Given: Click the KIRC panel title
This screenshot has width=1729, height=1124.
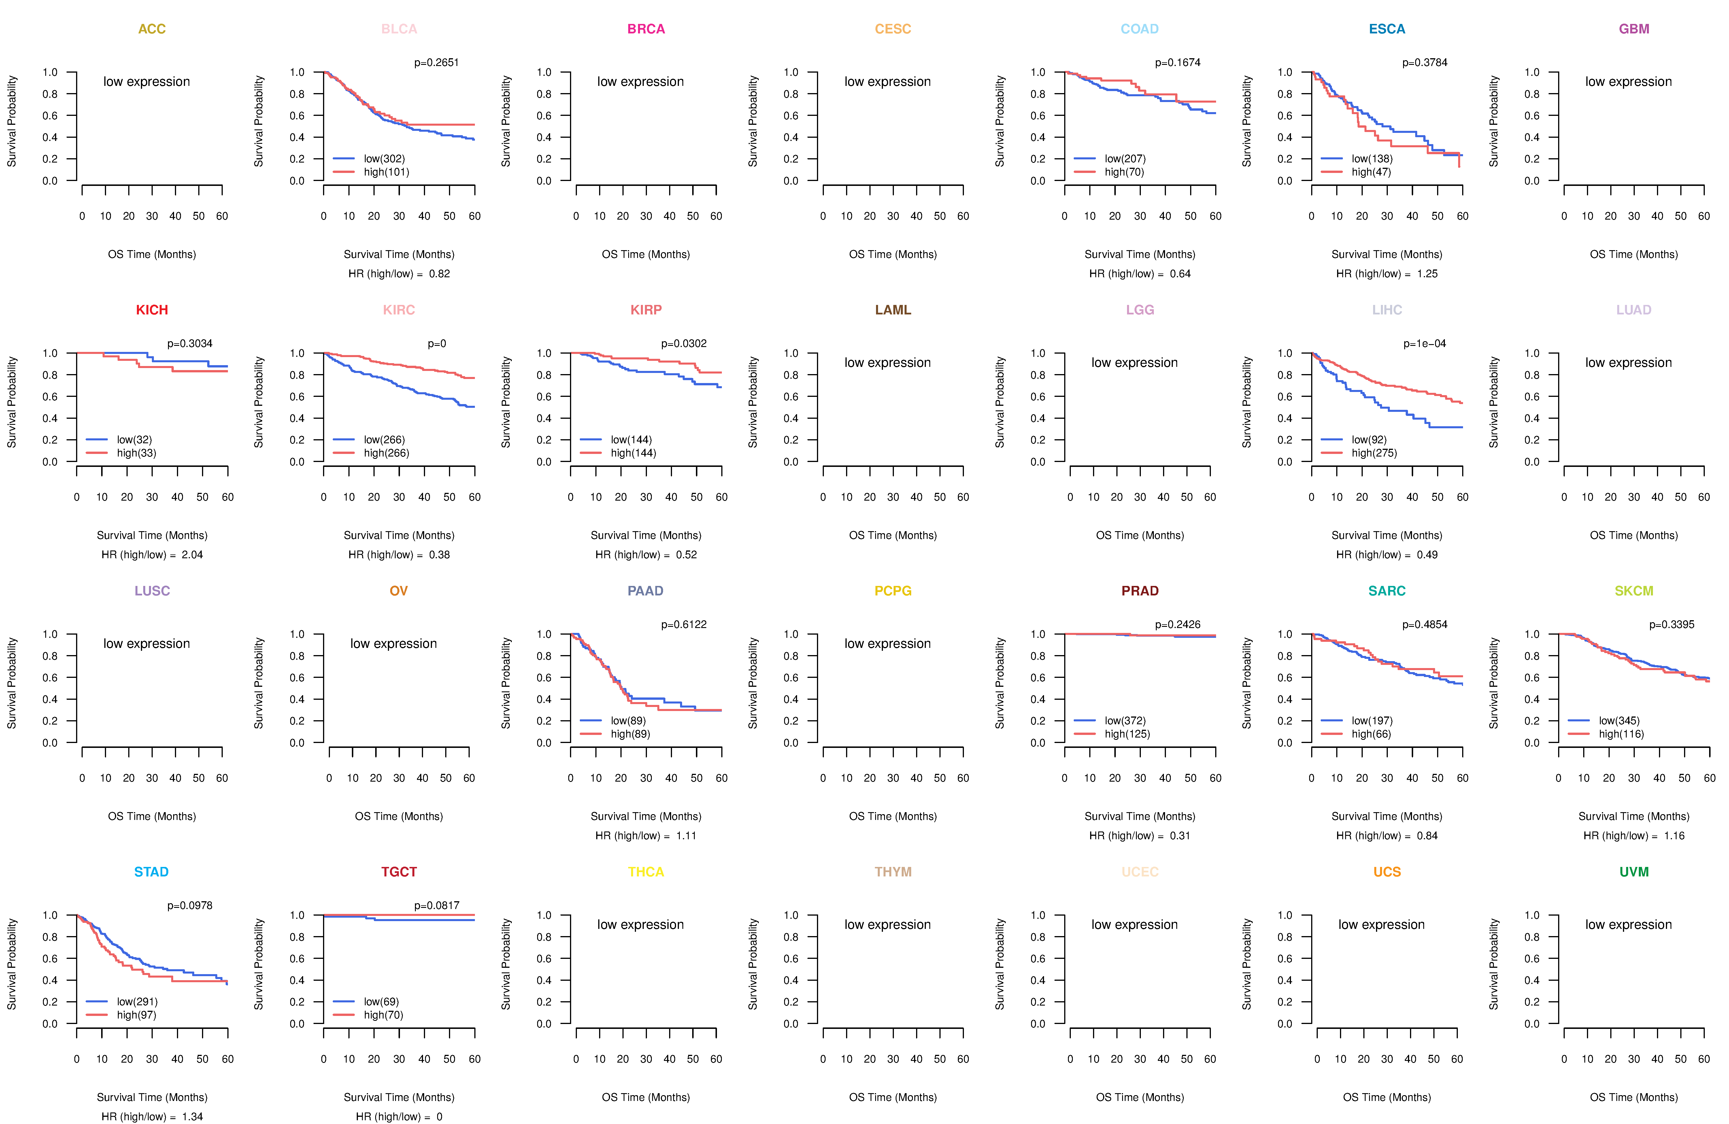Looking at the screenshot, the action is point(399,310).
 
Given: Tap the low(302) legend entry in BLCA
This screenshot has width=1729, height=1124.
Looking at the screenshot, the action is point(384,159).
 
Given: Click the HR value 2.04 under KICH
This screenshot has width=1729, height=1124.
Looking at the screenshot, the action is point(192,555).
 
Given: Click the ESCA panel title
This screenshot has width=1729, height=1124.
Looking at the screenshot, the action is point(1387,29).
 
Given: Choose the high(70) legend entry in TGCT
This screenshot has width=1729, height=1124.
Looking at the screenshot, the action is point(384,1015).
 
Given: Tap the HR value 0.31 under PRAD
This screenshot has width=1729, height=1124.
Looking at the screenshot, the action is point(1181,836).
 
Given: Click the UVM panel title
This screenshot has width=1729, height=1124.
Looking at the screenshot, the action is point(1634,872).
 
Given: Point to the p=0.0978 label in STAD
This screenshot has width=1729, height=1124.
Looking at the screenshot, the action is point(190,905).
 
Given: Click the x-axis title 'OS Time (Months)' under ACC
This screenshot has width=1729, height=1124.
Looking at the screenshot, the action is point(152,254).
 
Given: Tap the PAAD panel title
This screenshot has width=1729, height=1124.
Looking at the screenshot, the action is point(646,591).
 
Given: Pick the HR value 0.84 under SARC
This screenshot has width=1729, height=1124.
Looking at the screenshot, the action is point(1428,836).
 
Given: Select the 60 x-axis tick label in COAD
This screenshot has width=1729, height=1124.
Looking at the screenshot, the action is point(1215,216).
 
